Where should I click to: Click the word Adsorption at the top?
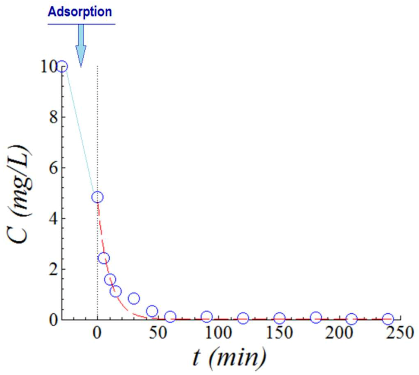click(x=80, y=12)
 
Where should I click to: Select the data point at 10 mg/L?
click(x=62, y=67)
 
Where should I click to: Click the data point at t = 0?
click(x=97, y=197)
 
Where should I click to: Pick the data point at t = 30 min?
click(x=134, y=298)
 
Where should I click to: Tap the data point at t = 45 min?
click(x=152, y=311)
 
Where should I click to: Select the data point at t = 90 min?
click(x=207, y=317)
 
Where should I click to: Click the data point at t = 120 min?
click(x=243, y=318)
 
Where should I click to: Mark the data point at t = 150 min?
click(x=279, y=318)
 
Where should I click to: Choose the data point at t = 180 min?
click(x=316, y=317)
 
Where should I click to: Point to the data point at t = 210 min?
click(x=352, y=319)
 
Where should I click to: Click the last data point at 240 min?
click(x=388, y=318)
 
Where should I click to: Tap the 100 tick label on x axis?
click(x=218, y=333)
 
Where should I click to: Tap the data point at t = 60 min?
click(x=170, y=317)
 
